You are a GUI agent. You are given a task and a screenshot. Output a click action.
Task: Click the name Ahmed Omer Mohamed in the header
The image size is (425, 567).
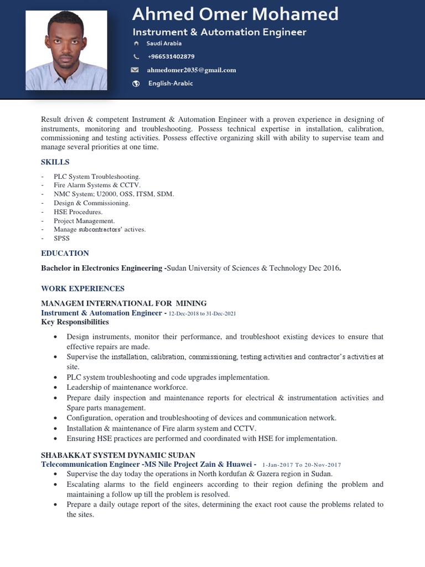(x=235, y=14)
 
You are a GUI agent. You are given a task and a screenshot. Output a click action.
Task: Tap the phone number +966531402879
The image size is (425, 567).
(x=171, y=56)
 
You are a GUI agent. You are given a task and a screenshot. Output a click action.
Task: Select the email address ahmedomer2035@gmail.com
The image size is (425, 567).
(x=191, y=70)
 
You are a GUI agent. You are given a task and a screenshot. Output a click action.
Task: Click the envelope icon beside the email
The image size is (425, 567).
(x=134, y=70)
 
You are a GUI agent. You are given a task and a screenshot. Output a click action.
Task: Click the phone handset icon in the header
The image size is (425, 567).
(x=136, y=56)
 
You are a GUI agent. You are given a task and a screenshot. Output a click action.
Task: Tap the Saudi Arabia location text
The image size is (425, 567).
(x=164, y=43)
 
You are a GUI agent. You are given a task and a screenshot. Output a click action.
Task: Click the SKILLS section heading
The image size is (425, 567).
(x=55, y=162)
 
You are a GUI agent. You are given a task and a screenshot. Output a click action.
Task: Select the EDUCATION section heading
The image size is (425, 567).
(x=65, y=253)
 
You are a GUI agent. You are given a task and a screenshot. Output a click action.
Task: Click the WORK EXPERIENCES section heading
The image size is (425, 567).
(x=82, y=288)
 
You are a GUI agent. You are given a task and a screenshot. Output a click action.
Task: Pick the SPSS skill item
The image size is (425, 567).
(x=62, y=238)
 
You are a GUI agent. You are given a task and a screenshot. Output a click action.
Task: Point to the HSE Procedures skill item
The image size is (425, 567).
(x=78, y=212)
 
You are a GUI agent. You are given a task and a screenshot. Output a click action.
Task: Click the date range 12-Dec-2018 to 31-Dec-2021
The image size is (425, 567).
(x=202, y=313)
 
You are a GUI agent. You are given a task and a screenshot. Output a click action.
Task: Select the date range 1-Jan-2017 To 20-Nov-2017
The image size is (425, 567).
(x=302, y=465)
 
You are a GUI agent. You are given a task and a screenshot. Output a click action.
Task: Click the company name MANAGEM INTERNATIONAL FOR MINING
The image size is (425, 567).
(x=123, y=303)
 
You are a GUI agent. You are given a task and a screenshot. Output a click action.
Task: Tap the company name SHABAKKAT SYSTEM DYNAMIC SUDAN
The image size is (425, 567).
(x=118, y=455)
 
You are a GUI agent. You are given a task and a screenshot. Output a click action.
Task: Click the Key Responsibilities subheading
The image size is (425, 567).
(x=75, y=322)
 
